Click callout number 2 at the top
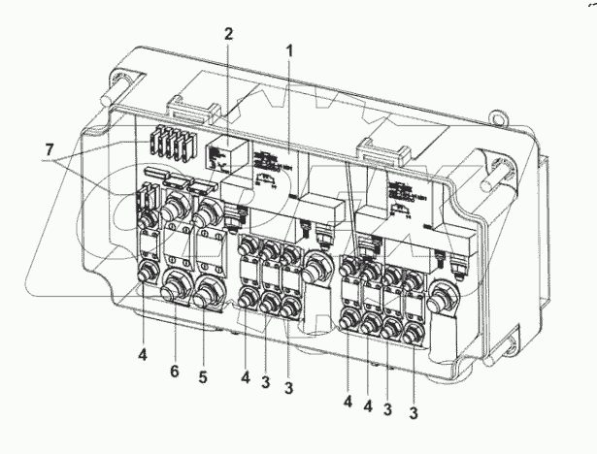[229, 33]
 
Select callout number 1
[288, 49]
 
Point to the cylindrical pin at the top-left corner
[108, 89]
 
